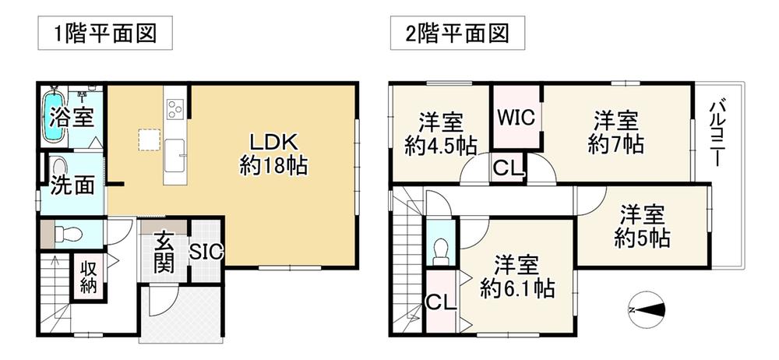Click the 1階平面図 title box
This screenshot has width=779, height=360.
coord(105,33)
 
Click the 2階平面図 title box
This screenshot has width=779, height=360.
coord(457,33)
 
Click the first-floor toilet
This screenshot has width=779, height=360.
coord(68,233)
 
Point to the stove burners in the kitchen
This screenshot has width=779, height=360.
coord(174,109)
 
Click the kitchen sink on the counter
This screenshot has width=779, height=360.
coord(174,155)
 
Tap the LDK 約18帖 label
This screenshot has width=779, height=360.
coord(273,154)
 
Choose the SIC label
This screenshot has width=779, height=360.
coord(206,252)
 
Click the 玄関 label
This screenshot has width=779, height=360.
coord(164,252)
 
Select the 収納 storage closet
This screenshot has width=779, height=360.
coord(89,277)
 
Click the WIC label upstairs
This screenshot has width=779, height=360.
coord(516,118)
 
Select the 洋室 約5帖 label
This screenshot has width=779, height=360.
coord(642,228)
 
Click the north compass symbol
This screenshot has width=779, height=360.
coord(647,310)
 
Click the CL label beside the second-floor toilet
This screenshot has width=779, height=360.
coord(441,302)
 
